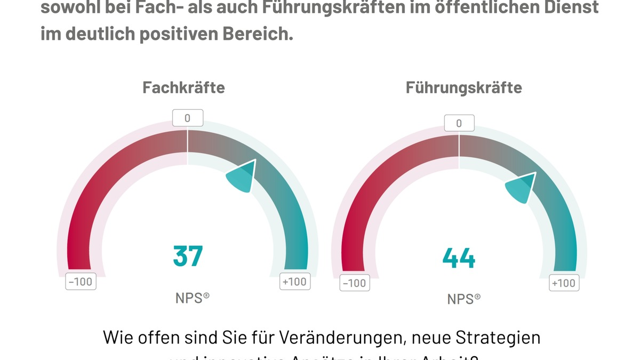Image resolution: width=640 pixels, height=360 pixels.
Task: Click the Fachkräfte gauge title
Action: click(183, 87)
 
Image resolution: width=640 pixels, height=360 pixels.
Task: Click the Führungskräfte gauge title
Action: click(463, 87)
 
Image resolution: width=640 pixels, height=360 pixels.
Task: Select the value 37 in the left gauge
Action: click(188, 255)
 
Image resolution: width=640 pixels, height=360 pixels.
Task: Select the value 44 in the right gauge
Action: click(459, 259)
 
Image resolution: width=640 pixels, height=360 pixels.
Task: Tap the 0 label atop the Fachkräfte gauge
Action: click(187, 118)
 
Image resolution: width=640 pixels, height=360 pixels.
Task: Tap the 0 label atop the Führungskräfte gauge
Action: click(459, 124)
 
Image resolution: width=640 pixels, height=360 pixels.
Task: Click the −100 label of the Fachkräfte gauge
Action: click(81, 281)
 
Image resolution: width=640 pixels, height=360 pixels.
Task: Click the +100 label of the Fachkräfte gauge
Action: click(295, 281)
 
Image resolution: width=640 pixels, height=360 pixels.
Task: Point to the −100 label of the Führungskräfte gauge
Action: click(354, 283)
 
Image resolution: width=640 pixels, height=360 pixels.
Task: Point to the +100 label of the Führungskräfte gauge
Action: click(564, 283)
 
